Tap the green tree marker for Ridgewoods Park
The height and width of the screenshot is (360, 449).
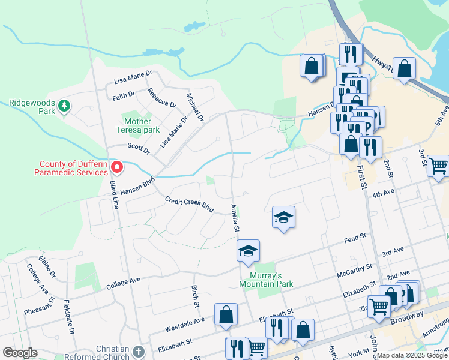(x=64, y=107)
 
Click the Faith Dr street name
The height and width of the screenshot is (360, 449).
(x=124, y=95)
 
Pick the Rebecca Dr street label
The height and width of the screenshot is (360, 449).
(x=162, y=98)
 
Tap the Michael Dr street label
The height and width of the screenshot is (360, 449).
(x=196, y=106)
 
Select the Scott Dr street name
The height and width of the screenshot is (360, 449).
(x=137, y=146)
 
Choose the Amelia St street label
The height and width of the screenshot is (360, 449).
(x=235, y=218)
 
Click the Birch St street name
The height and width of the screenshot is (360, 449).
(x=196, y=296)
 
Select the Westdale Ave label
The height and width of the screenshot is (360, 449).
(x=185, y=326)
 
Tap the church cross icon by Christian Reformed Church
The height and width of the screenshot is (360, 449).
(x=139, y=352)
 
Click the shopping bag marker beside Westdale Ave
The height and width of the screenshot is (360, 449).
(x=226, y=314)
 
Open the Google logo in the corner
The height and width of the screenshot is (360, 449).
(x=20, y=353)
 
